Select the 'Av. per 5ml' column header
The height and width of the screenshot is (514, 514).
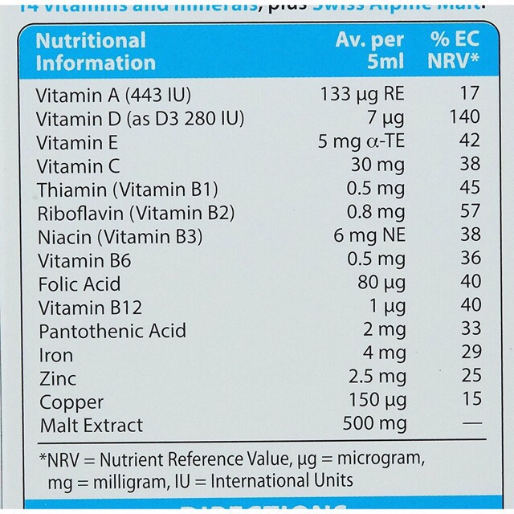pos(369,51)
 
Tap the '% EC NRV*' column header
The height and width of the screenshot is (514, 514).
pos(454,51)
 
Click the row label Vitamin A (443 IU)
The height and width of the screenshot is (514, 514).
pos(114,95)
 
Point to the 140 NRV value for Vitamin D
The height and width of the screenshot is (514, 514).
pos(465,117)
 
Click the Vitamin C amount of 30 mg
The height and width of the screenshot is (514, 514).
pos(380,165)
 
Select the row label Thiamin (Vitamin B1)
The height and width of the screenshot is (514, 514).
pos(127,190)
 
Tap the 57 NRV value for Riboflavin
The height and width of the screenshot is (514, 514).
pos(471,212)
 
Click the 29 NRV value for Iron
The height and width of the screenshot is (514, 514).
pos(471,353)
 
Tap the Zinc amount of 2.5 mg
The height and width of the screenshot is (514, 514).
pos(379,377)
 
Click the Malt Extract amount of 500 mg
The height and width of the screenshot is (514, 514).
pos(374,423)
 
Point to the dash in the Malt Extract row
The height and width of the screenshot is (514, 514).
pos(471,422)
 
